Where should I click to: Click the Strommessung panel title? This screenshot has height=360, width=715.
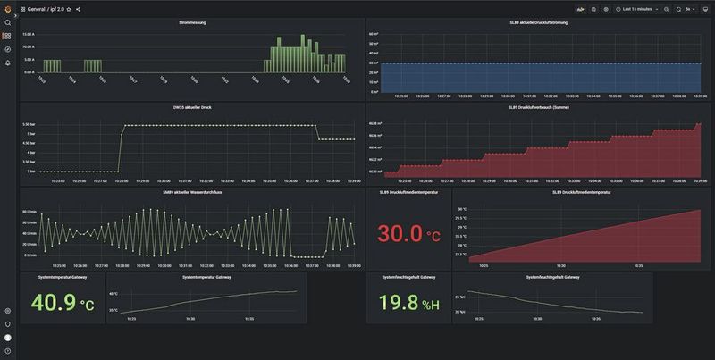(x=191, y=22)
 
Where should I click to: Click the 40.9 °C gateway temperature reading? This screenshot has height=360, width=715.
(x=63, y=304)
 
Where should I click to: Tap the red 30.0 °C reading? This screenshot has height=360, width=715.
(x=408, y=234)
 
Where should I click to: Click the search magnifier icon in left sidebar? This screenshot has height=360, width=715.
(x=8, y=22)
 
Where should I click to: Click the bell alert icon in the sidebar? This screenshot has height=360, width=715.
(x=8, y=63)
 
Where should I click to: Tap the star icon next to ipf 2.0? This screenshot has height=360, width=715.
(x=69, y=9)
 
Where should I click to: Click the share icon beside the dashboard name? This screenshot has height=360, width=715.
(x=79, y=9)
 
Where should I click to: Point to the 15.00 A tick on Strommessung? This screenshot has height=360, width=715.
(x=29, y=34)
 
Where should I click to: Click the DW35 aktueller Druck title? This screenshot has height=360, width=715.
(x=191, y=107)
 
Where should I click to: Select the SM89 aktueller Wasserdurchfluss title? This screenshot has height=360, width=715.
(x=191, y=192)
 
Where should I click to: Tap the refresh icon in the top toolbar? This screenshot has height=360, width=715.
(x=678, y=9)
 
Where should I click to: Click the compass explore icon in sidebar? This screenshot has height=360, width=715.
(x=8, y=49)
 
